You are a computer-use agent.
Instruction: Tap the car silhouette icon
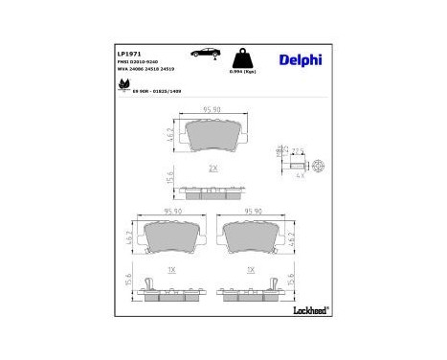[206, 53]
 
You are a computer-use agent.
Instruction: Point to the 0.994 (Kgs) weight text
[241, 72]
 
